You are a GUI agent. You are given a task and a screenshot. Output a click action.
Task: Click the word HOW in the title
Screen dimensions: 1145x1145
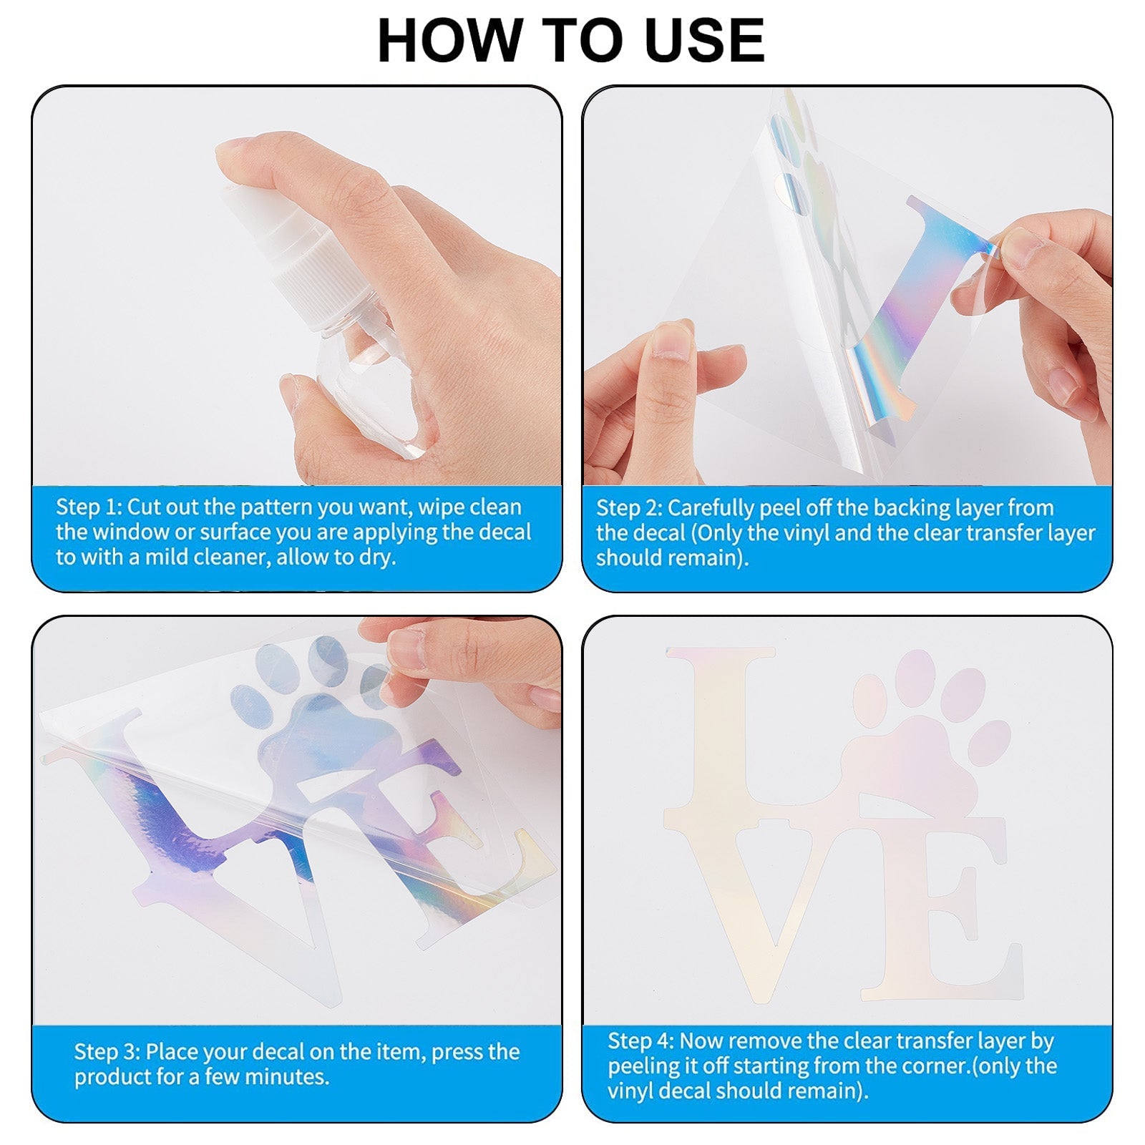(x=449, y=40)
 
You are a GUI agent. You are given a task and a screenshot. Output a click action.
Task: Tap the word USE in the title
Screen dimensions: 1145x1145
(x=704, y=40)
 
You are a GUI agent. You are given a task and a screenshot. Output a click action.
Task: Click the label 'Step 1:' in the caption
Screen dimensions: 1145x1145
(x=89, y=507)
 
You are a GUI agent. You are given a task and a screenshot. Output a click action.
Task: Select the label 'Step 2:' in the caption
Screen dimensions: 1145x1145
(x=629, y=507)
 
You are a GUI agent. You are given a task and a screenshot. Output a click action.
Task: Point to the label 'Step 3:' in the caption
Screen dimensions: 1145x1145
(x=107, y=1051)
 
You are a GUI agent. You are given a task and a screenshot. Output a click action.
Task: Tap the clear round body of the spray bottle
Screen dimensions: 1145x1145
(x=369, y=394)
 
